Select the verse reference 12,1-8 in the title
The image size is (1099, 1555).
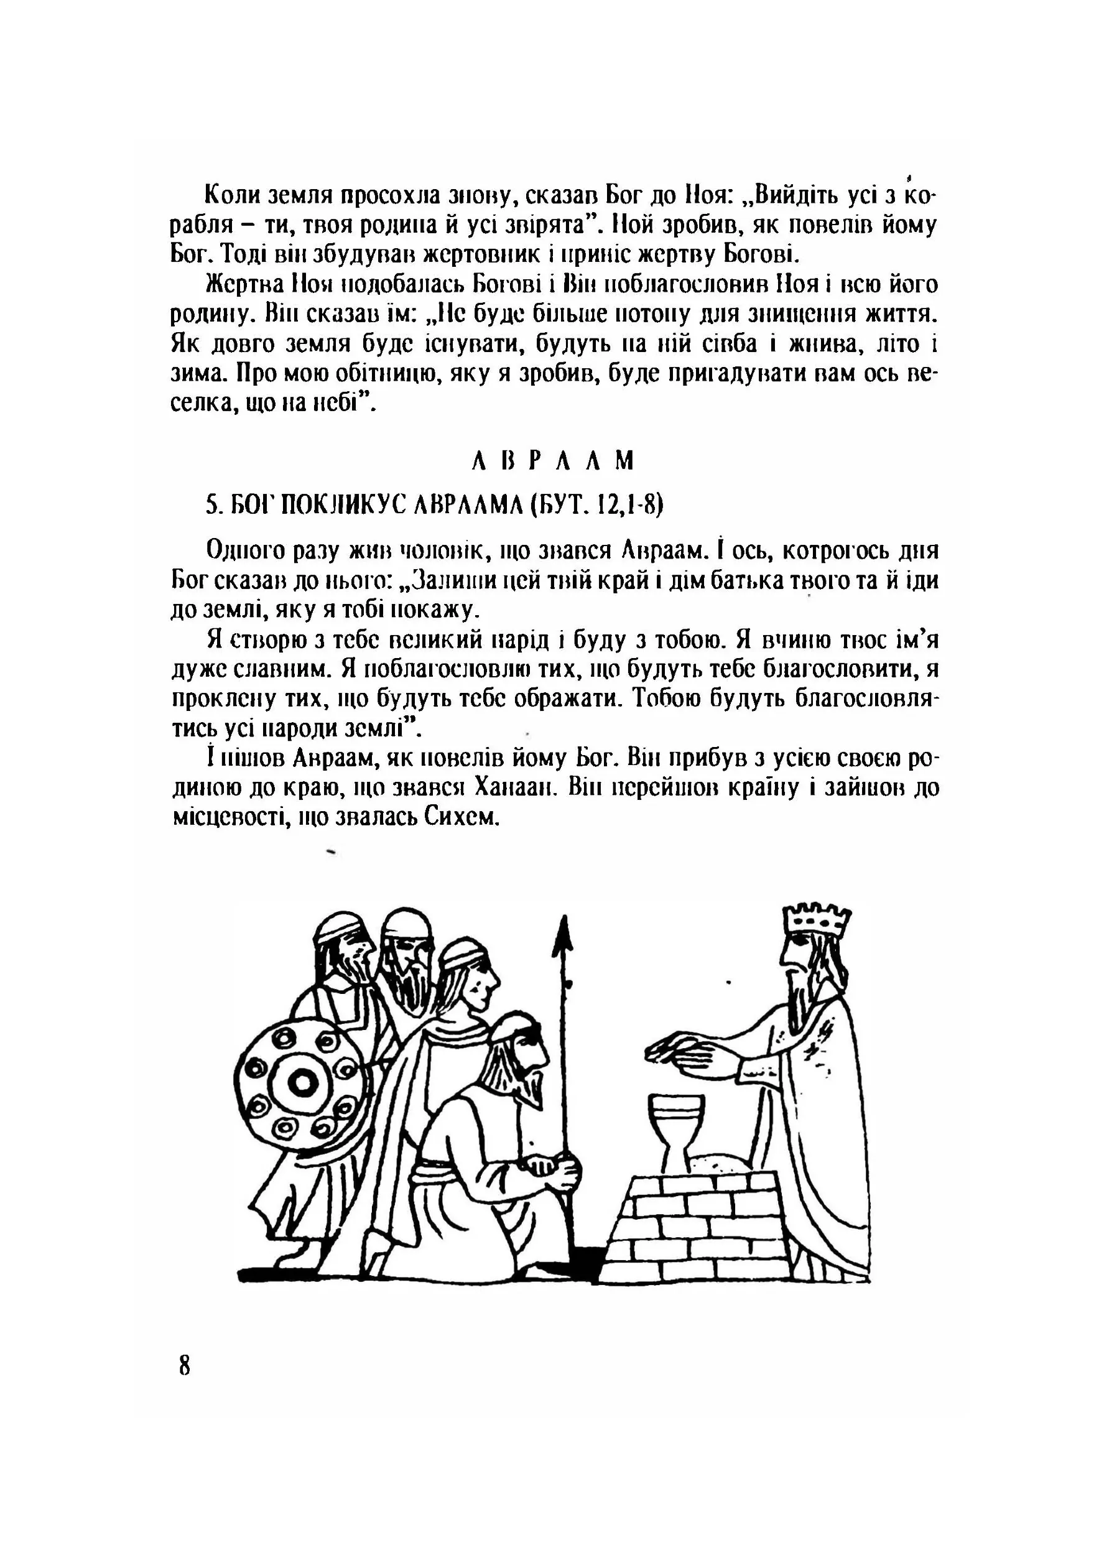[x=626, y=504]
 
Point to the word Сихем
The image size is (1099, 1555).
[x=462, y=817]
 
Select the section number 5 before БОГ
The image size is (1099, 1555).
[x=211, y=504]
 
